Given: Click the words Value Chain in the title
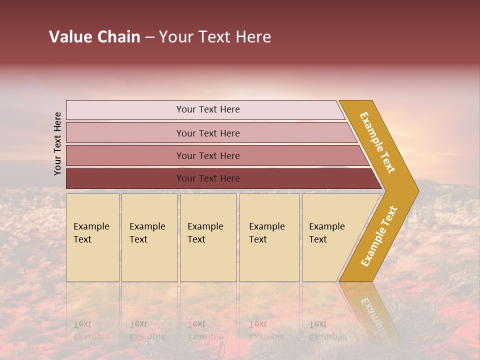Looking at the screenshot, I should click(x=94, y=37).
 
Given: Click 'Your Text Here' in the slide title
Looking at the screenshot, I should click(x=215, y=37).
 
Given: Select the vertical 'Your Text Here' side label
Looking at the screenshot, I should click(x=57, y=143).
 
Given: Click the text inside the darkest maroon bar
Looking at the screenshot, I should click(x=208, y=178).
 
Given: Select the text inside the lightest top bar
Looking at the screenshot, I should click(x=208, y=109).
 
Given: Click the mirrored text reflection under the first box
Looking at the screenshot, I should click(x=91, y=330).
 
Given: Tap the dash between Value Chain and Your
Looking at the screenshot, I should click(x=149, y=37).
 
